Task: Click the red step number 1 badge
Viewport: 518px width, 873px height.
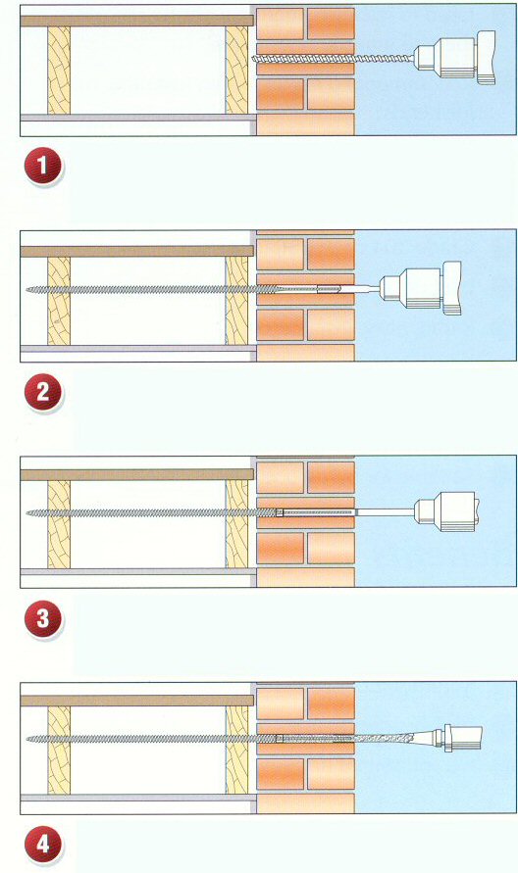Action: (x=43, y=167)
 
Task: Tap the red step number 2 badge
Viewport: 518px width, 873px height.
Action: (x=43, y=392)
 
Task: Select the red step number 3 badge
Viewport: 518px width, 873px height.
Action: (x=43, y=617)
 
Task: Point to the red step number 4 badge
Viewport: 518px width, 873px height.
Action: (x=43, y=844)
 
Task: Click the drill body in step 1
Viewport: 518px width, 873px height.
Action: (x=456, y=58)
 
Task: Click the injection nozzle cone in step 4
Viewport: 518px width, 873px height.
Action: (x=399, y=739)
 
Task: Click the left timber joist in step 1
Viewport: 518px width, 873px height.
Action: (x=59, y=71)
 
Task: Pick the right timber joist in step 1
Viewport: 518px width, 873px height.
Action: (x=236, y=71)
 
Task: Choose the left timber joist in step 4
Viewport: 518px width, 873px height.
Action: (x=59, y=750)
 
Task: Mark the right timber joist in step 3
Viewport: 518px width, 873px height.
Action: (x=236, y=524)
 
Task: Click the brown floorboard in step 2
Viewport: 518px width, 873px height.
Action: (x=137, y=251)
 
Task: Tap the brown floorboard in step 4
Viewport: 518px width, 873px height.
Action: (x=137, y=701)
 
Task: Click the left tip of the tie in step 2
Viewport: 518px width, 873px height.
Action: (x=26, y=289)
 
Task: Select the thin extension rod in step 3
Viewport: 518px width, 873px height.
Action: (x=385, y=510)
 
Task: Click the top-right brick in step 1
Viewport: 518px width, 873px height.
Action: (x=331, y=24)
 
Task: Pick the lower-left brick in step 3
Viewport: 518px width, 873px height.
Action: (x=280, y=548)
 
